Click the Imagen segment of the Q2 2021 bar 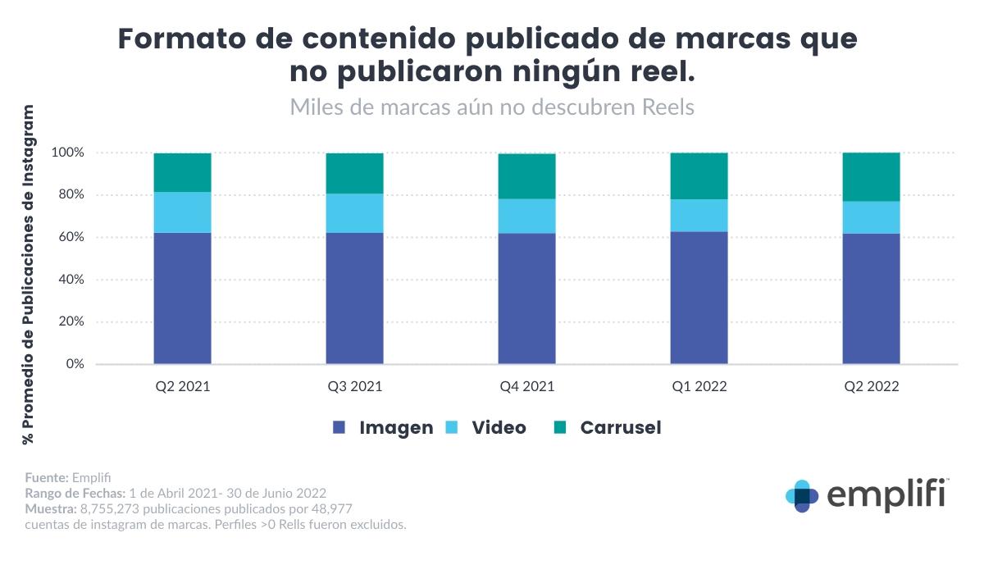tap(182, 298)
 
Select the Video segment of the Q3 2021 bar tap(354, 213)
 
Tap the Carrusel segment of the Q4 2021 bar tap(526, 176)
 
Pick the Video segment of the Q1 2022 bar tap(699, 216)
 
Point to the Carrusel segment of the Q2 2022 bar tap(871, 177)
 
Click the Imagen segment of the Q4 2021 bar tap(526, 298)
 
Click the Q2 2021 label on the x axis tap(182, 386)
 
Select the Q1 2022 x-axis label tap(699, 386)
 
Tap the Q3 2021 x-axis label tap(354, 386)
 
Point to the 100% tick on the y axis tap(67, 153)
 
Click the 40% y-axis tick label tap(71, 280)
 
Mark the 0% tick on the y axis tap(74, 364)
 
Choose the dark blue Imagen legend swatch tap(339, 427)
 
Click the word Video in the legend tap(499, 427)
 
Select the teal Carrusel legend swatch tap(560, 427)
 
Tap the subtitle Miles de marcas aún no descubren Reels tap(492, 107)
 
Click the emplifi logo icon tap(802, 496)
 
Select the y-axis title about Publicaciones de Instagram tap(30, 275)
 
